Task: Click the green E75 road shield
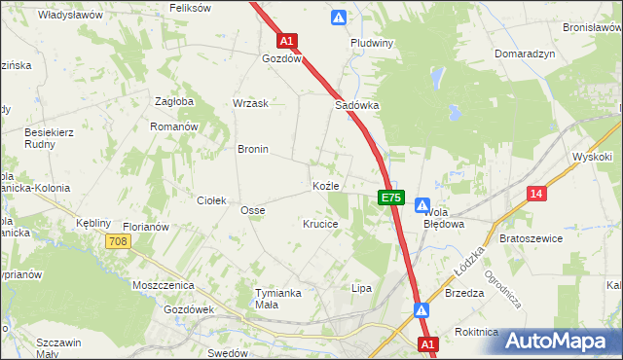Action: click(x=390, y=198)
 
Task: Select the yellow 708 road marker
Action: click(x=119, y=241)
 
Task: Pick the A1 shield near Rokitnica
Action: click(x=428, y=344)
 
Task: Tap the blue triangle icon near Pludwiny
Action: click(x=338, y=17)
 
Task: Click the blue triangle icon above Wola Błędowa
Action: click(x=422, y=205)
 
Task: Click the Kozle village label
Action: click(x=325, y=185)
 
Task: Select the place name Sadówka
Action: click(x=356, y=105)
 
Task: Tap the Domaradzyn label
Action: click(x=525, y=54)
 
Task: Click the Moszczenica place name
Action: click(x=164, y=286)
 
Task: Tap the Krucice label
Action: click(x=320, y=224)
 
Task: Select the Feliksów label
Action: click(x=190, y=8)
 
